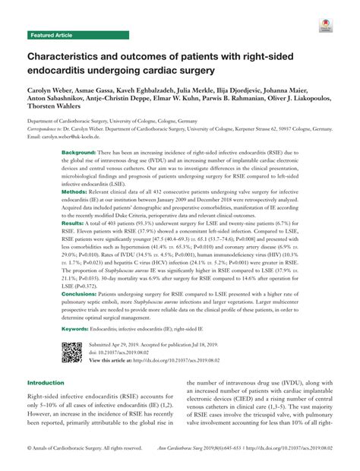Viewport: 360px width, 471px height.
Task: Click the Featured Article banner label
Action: (x=52, y=36)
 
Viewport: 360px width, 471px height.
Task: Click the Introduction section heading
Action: (x=49, y=383)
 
